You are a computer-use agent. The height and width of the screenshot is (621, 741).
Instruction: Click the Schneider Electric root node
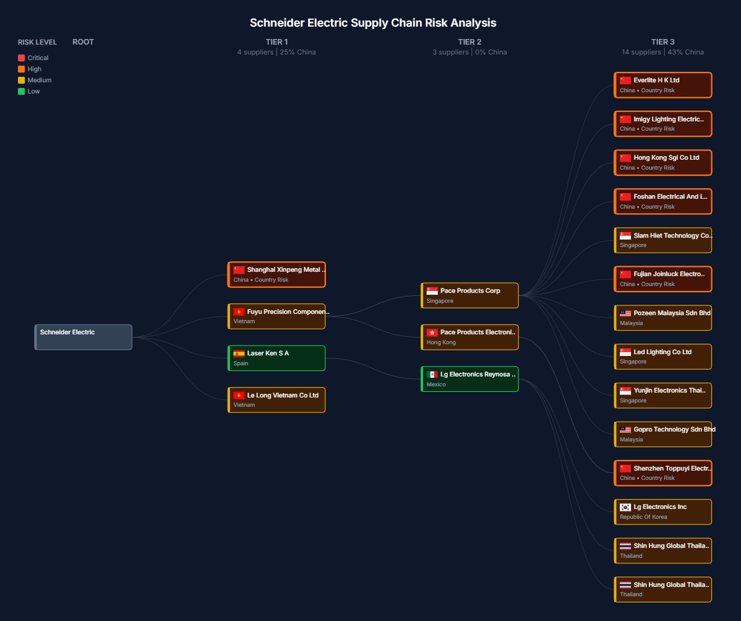(84, 337)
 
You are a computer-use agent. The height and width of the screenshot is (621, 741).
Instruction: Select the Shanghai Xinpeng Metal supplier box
(276, 274)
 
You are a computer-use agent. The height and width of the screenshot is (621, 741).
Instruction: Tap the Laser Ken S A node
(276, 358)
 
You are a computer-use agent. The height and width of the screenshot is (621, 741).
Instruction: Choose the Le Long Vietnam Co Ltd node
(276, 399)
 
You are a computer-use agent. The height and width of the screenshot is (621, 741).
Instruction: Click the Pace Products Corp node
(469, 295)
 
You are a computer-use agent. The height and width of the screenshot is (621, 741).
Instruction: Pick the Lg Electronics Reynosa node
(469, 379)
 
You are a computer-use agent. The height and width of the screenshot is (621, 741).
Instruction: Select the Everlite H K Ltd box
(663, 85)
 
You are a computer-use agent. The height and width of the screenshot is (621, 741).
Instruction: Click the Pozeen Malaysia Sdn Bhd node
(663, 318)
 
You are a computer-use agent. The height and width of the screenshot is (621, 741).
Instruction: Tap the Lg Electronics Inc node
(663, 511)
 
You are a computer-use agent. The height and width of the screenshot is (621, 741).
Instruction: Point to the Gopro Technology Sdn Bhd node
(663, 434)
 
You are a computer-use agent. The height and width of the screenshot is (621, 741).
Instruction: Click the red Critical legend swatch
(22, 58)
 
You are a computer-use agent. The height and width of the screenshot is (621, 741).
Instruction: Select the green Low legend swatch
(22, 92)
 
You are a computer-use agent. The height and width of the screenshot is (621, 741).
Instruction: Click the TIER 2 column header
(469, 42)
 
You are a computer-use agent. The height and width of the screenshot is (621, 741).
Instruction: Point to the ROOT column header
(83, 42)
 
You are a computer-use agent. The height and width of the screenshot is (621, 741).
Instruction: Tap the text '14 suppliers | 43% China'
(662, 52)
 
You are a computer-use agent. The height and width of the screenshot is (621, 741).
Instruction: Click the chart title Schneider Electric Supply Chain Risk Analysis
(373, 23)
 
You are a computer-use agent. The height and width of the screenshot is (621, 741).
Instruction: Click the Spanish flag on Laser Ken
(239, 354)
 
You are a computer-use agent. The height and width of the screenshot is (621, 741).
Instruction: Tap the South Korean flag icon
(625, 507)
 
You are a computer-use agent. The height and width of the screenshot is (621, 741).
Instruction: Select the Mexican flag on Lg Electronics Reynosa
(432, 375)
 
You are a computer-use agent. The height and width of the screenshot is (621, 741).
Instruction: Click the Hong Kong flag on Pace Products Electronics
(432, 332)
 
